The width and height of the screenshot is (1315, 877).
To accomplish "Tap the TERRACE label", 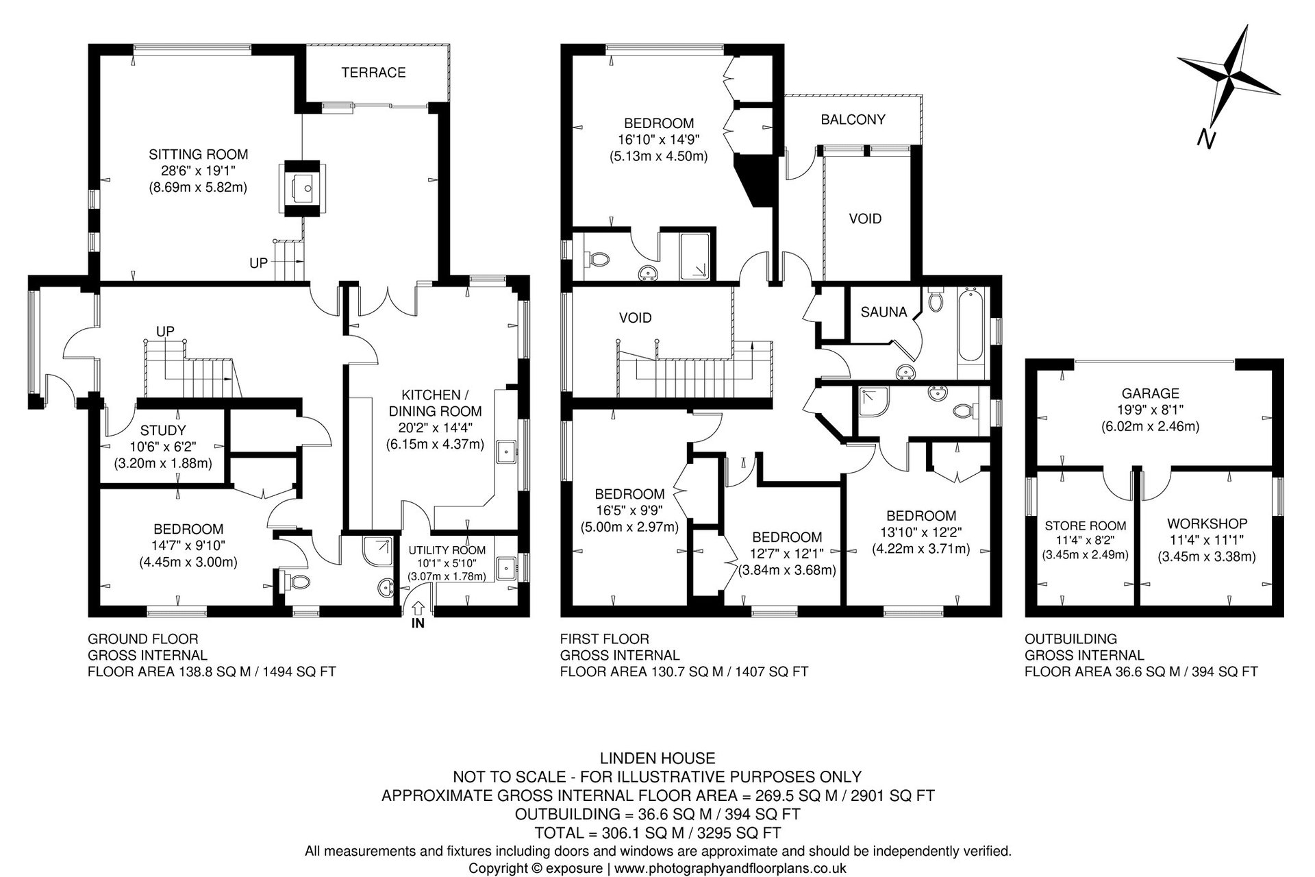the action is point(374,72).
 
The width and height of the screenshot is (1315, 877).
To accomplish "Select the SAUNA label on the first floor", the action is point(884,312).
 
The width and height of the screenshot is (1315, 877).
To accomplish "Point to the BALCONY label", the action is point(853,119).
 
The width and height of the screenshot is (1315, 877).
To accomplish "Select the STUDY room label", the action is point(163,430).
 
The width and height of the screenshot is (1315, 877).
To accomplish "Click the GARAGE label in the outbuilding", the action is point(1151,393).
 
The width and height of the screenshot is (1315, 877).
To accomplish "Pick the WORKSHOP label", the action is point(1207,523).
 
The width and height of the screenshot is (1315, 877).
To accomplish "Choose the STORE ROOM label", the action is point(1086,526).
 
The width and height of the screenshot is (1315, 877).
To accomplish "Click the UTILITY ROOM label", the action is point(447,550).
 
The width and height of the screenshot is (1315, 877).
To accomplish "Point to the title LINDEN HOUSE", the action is point(657,758).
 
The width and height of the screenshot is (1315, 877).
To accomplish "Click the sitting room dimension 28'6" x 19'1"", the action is point(199,171).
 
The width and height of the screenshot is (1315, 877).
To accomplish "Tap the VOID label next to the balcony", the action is point(865,219).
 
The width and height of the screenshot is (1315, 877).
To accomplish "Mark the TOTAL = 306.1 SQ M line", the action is point(657,833).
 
